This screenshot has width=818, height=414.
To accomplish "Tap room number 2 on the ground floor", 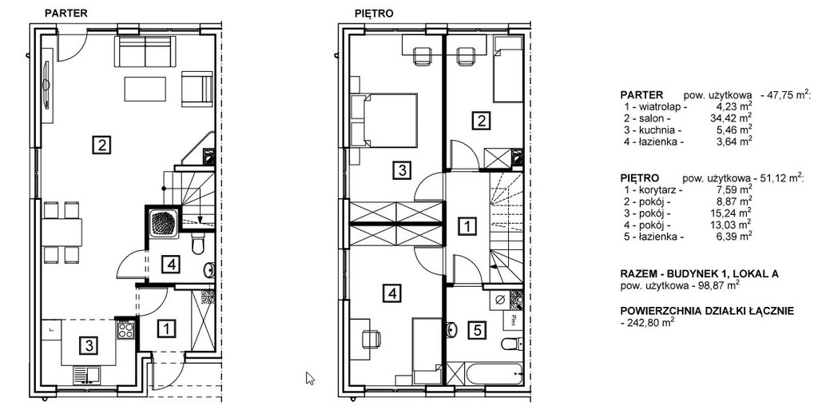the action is click(101, 144).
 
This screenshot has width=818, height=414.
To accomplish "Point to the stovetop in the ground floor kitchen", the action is click(125, 329).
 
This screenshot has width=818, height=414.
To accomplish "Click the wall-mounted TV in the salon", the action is click(46, 85).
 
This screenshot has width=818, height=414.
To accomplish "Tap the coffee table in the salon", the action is click(145, 90).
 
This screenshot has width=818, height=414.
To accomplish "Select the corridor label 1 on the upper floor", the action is click(467, 226).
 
